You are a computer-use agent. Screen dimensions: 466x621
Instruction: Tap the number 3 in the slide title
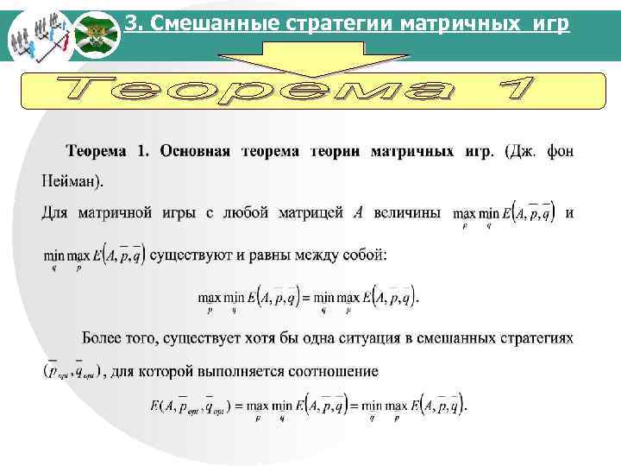pos(131,23)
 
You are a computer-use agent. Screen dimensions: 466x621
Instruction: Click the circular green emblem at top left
pos(94,35)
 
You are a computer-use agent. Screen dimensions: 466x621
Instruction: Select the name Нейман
pos(69,182)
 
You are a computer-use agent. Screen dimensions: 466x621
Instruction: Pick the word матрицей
pos(312,212)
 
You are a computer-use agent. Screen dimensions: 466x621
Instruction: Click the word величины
pos(406,212)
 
